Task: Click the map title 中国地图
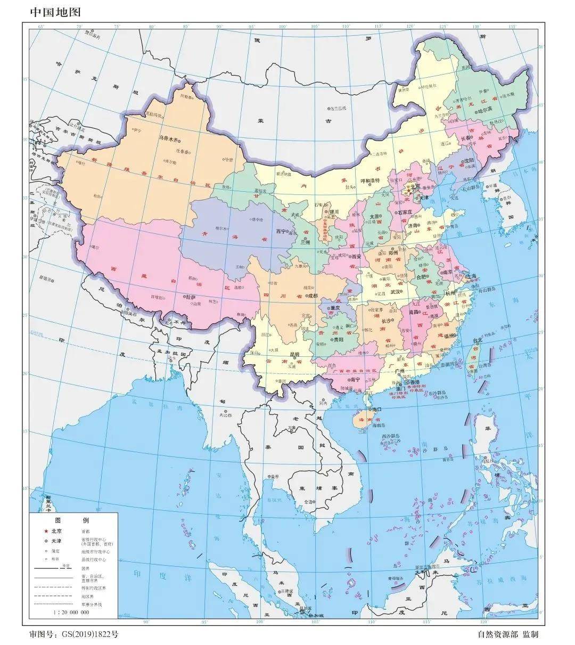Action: [x=55, y=12]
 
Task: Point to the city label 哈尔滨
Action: [x=485, y=111]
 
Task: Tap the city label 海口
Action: [x=377, y=410]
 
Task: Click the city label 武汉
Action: [x=396, y=291]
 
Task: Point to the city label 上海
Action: [x=473, y=276]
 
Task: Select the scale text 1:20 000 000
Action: [x=71, y=613]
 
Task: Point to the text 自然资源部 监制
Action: [x=508, y=634]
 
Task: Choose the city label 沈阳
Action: [x=469, y=160]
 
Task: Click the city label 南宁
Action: [x=355, y=380]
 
